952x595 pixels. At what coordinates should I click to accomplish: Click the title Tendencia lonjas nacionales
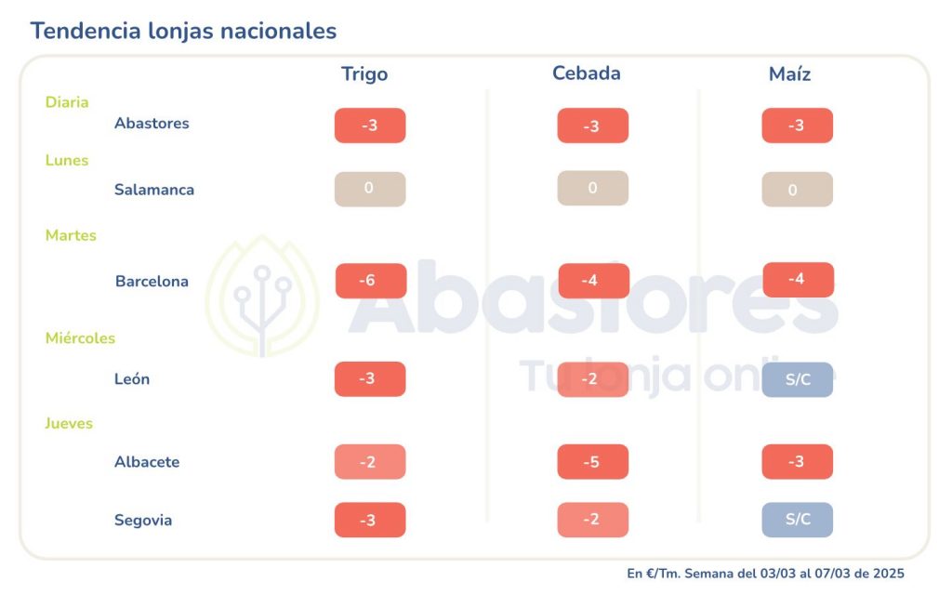[183, 31]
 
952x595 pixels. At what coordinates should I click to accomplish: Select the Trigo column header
[364, 74]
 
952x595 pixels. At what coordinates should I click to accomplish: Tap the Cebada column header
[587, 73]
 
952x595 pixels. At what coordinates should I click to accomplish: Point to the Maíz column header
[790, 74]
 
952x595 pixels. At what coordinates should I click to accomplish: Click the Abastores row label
[152, 124]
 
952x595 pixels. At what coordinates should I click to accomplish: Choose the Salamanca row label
[154, 190]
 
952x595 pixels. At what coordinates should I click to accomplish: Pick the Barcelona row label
[152, 282]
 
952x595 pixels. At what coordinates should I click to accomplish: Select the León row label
[132, 379]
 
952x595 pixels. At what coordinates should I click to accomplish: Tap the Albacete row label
[147, 462]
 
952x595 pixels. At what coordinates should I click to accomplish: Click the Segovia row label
[143, 521]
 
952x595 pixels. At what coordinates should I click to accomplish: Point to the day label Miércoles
[80, 338]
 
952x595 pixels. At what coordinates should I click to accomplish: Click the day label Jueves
[69, 424]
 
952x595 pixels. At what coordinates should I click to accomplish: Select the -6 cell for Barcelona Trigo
[371, 281]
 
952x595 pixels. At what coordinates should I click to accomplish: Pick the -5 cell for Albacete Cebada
[593, 462]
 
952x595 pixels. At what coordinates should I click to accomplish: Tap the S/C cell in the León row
[798, 379]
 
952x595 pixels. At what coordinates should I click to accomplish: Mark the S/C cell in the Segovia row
[798, 520]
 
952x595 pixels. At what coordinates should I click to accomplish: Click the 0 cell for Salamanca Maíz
[798, 190]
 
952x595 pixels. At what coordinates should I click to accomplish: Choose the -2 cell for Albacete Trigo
[370, 462]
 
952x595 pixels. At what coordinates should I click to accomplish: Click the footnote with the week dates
[765, 574]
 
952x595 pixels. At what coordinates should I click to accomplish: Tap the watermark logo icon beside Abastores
[262, 297]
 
